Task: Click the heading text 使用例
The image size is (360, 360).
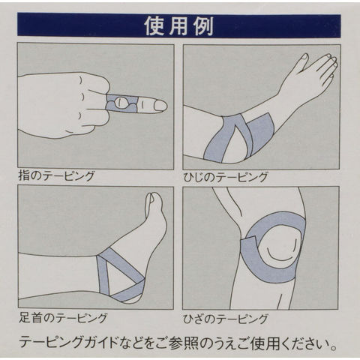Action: click(179, 26)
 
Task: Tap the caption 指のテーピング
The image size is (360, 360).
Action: click(56, 175)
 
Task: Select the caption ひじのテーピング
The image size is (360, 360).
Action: click(226, 177)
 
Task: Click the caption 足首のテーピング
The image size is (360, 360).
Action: click(63, 318)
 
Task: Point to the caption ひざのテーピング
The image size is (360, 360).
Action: click(226, 319)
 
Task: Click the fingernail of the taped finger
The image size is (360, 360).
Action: click(160, 106)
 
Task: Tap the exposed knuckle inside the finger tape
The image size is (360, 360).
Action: click(121, 103)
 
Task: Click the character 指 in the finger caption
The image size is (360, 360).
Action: click(25, 175)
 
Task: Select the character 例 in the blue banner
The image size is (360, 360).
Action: click(204, 26)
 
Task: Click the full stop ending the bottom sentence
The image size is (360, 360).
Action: click(333, 346)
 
